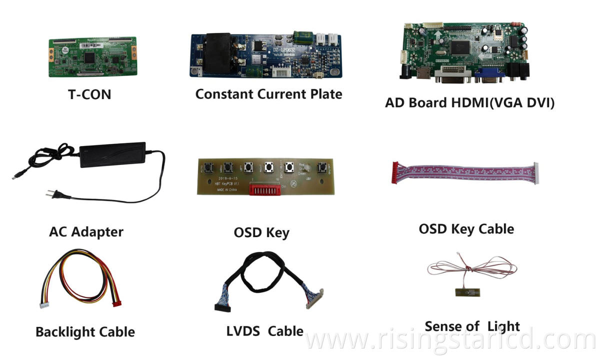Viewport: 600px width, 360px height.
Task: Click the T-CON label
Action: click(x=89, y=93)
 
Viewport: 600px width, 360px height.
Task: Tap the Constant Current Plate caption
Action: click(x=268, y=93)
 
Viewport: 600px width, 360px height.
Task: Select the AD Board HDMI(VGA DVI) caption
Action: click(x=469, y=102)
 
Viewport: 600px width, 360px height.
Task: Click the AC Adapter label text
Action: click(x=86, y=231)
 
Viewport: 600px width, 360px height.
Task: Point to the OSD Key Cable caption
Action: click(x=466, y=229)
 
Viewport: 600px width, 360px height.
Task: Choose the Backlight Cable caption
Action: click(x=85, y=331)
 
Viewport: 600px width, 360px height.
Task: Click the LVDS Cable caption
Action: click(x=264, y=330)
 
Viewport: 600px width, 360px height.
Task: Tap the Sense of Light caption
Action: click(x=472, y=326)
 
